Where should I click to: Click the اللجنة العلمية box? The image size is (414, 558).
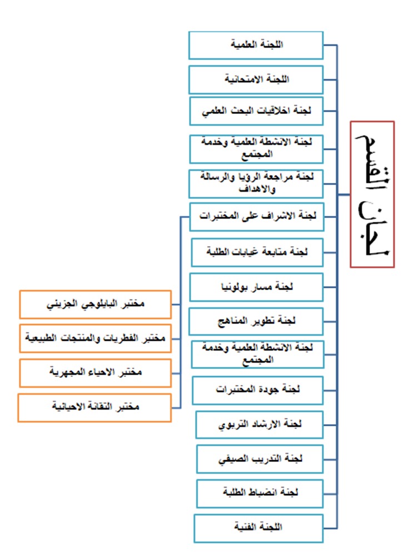pos(256,45)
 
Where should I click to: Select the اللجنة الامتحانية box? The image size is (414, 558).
pos(256,79)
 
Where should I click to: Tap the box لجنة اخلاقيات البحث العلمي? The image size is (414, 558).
pos(256,111)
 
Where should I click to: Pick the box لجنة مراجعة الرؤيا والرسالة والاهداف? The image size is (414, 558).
pos(256,184)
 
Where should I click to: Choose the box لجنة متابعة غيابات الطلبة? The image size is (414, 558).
pos(257,253)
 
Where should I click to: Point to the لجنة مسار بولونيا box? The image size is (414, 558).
pos(256,287)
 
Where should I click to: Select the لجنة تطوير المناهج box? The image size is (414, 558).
pos(256,322)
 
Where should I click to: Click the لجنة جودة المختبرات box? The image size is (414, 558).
pos(258,390)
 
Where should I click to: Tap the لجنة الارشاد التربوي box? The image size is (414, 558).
pos(260,425)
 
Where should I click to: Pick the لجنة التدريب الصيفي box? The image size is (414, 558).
pos(260,459)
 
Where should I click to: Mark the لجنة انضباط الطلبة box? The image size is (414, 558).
pos(260,494)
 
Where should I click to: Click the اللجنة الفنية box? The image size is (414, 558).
pos(258,528)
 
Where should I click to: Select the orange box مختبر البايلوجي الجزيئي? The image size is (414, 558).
pos(96,305)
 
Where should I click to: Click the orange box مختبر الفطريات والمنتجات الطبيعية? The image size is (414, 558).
pos(96,338)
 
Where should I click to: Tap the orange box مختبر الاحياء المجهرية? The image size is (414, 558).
pos(96,373)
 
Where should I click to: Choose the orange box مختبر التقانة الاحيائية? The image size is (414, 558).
pos(94,408)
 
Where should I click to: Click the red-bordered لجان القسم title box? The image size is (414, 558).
pos(372,195)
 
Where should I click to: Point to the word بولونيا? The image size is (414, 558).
pos(235,287)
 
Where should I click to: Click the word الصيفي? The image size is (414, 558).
pos(232,460)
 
